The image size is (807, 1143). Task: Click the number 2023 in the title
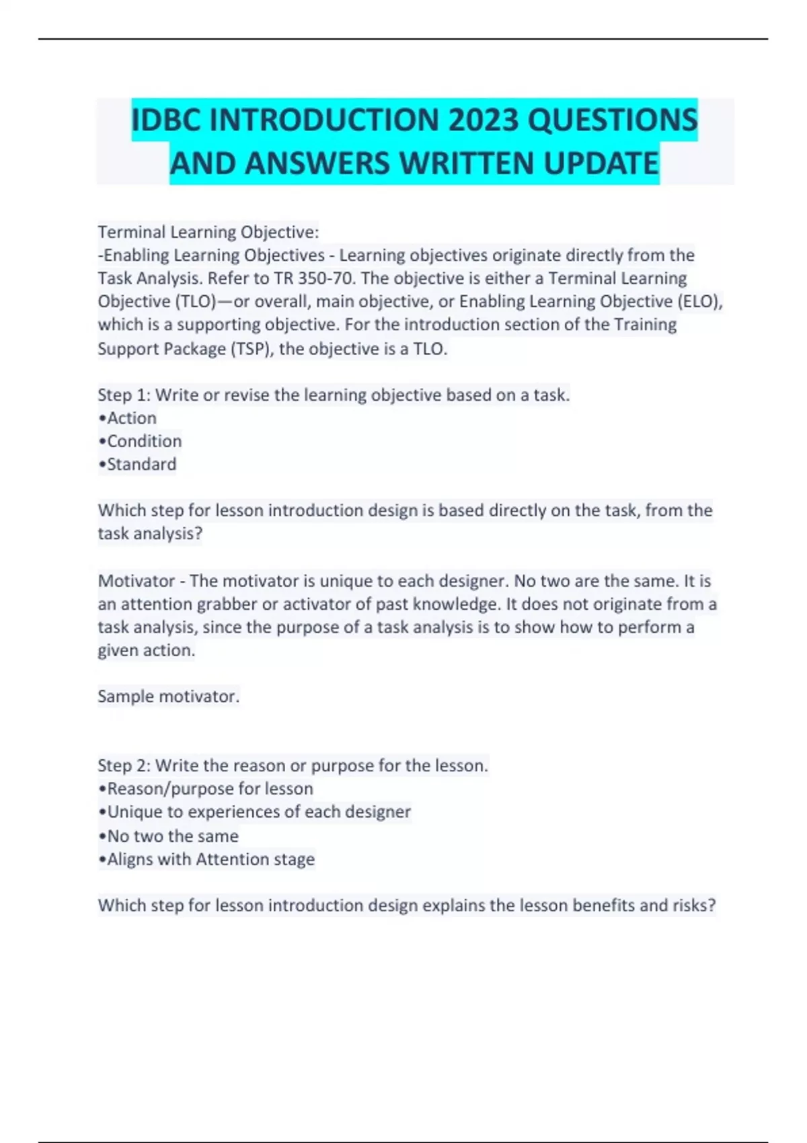(483, 120)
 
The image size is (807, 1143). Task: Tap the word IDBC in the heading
(166, 120)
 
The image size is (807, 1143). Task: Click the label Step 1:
(124, 395)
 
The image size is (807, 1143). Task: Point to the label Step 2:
(124, 766)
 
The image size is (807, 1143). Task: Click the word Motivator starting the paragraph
(136, 581)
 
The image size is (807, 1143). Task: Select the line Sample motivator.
(168, 697)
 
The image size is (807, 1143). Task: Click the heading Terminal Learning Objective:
(208, 233)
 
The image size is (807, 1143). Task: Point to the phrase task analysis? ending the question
(150, 534)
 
